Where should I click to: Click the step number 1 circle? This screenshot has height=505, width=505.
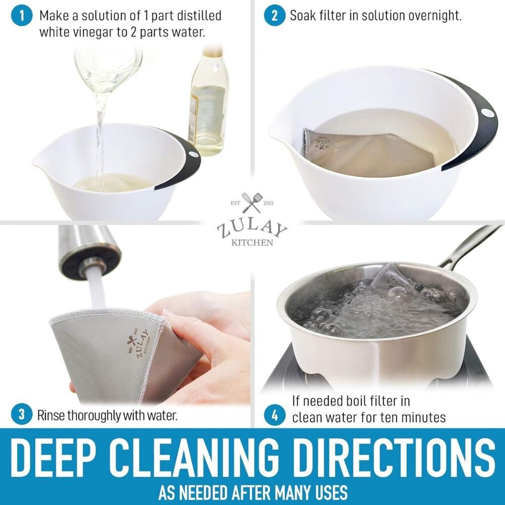(21, 16)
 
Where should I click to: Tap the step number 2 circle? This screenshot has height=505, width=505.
(274, 16)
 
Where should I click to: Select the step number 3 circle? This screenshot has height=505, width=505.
(21, 415)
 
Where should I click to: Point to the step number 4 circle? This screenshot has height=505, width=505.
(274, 416)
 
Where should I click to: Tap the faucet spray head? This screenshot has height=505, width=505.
(89, 252)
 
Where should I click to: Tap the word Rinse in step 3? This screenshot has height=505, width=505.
(52, 416)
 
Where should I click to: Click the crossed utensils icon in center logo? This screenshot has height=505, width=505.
(251, 203)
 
